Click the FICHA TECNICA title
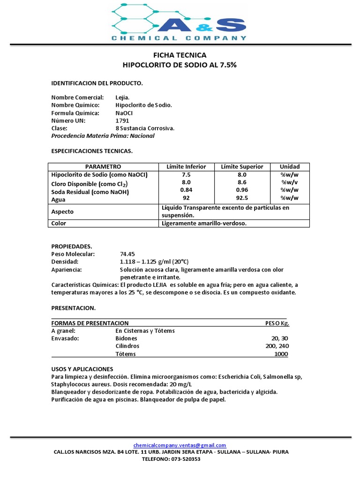click(180, 55)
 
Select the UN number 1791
click(122, 120)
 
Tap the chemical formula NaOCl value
click(124, 113)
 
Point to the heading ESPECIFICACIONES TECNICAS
click(92, 151)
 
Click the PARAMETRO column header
click(103, 166)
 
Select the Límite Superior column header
click(242, 166)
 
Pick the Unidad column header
click(289, 166)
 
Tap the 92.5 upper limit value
click(242, 198)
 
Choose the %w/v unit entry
click(289, 182)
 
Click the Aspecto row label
click(62, 211)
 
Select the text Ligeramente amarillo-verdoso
click(204, 224)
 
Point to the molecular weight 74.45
click(127, 254)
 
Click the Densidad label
click(65, 262)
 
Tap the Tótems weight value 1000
click(281, 354)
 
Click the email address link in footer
click(180, 445)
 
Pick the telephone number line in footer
click(171, 459)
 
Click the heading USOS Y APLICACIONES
click(82, 369)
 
